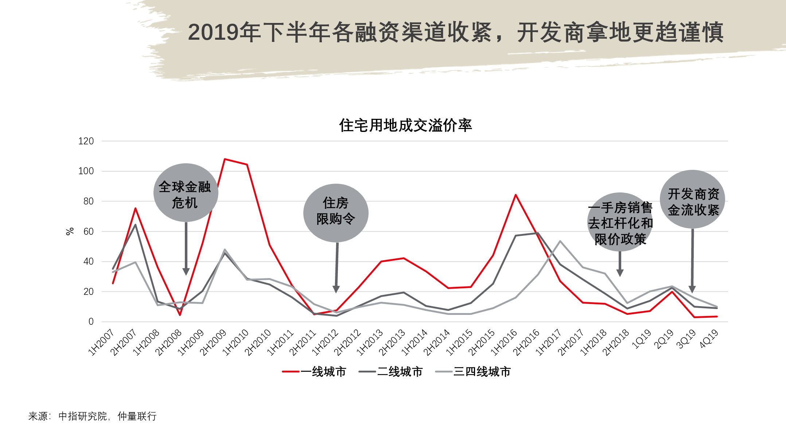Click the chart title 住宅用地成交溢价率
click(x=405, y=125)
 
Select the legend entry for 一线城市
click(x=314, y=372)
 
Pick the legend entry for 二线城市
click(x=391, y=372)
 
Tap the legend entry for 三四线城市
click(x=473, y=372)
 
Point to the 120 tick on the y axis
click(x=86, y=141)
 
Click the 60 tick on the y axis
click(x=89, y=231)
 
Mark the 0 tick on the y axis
click(x=91, y=321)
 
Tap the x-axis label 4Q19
click(x=709, y=339)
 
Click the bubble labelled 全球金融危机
click(x=186, y=192)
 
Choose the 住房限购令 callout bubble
click(x=336, y=213)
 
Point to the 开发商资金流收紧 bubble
click(x=692, y=199)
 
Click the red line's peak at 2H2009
click(x=225, y=159)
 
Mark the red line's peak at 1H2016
click(x=515, y=195)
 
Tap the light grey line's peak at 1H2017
click(x=560, y=241)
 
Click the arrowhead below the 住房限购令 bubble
click(x=336, y=289)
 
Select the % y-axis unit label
click(x=70, y=231)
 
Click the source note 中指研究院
click(x=83, y=416)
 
